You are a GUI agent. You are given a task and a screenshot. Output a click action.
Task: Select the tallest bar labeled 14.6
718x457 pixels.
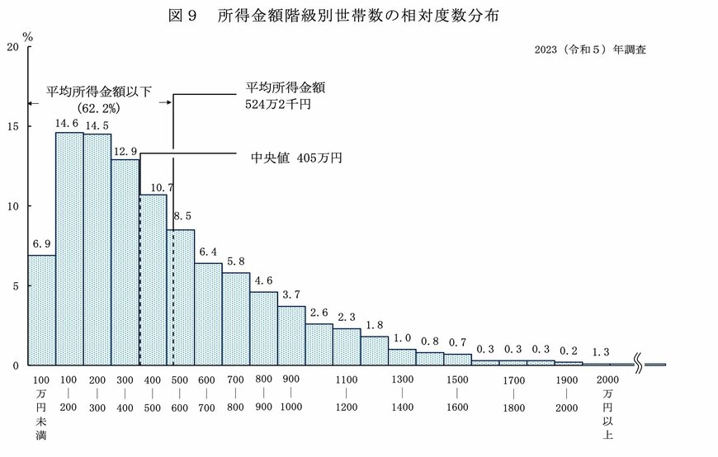[69, 247]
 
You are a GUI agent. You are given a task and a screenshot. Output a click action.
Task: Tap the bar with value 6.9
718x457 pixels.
[41, 309]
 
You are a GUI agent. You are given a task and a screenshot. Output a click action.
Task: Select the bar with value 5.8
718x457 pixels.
[236, 318]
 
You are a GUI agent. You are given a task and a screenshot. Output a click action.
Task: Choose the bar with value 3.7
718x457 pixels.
[291, 335]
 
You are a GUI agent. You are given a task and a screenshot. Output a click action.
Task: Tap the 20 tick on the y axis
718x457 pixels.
[12, 47]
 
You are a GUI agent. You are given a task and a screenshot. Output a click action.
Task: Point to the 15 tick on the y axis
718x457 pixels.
[12, 126]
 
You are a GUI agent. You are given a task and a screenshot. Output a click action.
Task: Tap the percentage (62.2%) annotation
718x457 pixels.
[99, 108]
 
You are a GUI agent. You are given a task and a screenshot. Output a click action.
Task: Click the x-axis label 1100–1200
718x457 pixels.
[347, 393]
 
